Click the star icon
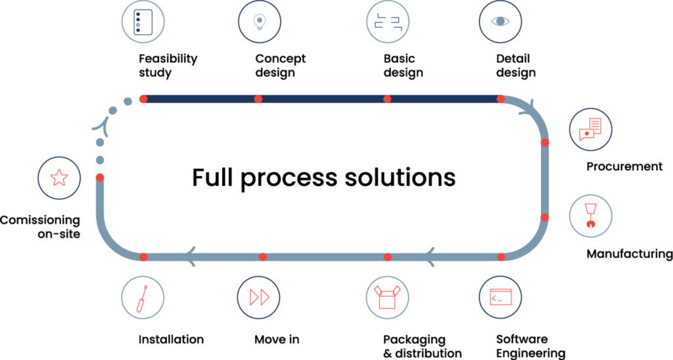tap(59, 177)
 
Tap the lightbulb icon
tap(260, 21)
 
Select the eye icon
tap(500, 21)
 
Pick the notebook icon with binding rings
tap(143, 21)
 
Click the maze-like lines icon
tap(388, 21)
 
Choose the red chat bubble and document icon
tap(590, 129)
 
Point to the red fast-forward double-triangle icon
tap(259, 297)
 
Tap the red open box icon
tap(387, 297)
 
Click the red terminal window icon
tap(500, 297)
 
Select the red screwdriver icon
tap(142, 298)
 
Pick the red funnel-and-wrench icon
tap(591, 215)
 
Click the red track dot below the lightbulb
tap(258, 99)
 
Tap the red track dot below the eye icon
tap(501, 99)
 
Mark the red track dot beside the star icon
tap(100, 177)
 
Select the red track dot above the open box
tap(387, 257)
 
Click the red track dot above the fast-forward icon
tap(263, 257)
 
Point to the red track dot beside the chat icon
tap(545, 143)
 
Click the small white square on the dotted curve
tap(103, 125)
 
